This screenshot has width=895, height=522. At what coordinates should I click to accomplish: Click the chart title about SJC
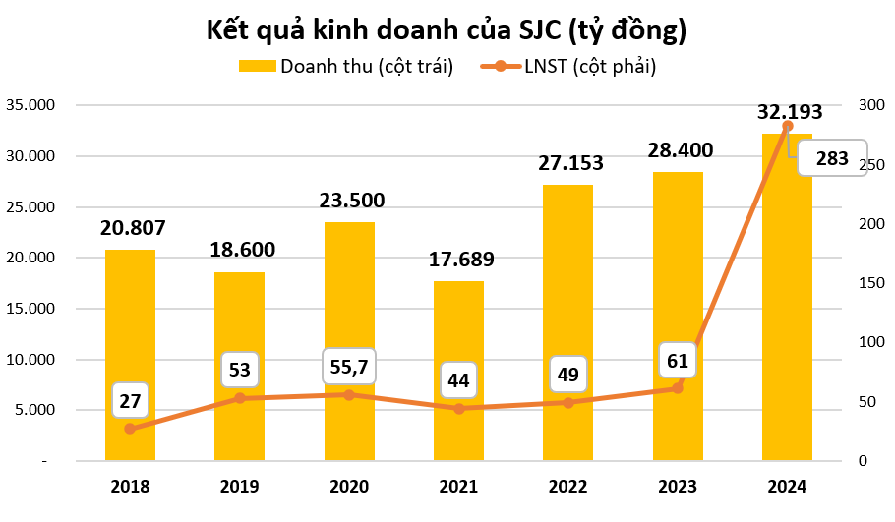(x=447, y=30)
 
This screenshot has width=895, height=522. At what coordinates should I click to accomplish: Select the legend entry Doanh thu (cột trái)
(x=346, y=67)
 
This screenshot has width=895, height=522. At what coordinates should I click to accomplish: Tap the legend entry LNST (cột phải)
(x=567, y=67)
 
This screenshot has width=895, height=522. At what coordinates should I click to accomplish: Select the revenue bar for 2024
(x=787, y=295)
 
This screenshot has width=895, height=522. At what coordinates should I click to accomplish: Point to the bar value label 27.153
(x=569, y=163)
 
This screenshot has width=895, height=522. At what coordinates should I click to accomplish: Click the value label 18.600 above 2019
(x=242, y=249)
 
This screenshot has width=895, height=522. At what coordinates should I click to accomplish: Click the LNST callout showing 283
(x=832, y=158)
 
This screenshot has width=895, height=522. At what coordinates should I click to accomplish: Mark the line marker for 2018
(x=130, y=429)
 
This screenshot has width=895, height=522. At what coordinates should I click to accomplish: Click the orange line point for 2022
(x=568, y=402)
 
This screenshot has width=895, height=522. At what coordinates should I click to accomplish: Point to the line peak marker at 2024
(x=787, y=126)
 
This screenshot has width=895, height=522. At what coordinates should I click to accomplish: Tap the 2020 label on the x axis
(x=349, y=487)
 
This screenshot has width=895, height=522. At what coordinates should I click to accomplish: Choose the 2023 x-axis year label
(x=678, y=487)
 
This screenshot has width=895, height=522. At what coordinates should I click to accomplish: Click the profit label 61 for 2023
(x=678, y=360)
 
